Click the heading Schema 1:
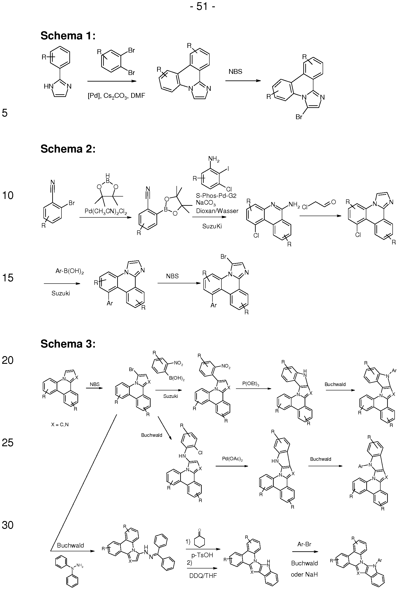click(68, 36)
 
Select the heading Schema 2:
click(68, 149)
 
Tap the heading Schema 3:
click(68, 344)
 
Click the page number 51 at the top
click(202, 6)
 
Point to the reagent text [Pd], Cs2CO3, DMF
click(116, 96)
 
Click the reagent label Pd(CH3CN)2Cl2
click(106, 211)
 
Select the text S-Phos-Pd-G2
click(216, 195)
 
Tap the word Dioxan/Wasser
click(217, 211)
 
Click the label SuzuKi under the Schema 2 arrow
click(212, 226)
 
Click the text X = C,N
click(60, 424)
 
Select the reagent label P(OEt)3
click(251, 384)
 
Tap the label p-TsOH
click(202, 555)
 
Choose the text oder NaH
click(304, 574)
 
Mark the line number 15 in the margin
click(8, 278)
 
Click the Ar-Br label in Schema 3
click(304, 544)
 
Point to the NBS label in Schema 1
click(235, 72)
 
